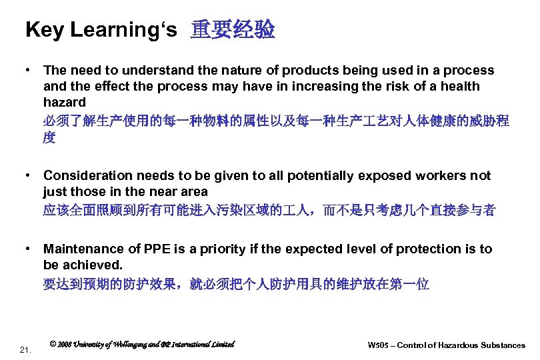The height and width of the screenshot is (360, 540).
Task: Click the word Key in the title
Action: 44,30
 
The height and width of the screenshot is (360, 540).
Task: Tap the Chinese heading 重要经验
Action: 233,30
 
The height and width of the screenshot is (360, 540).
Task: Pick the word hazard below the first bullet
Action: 64,103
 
